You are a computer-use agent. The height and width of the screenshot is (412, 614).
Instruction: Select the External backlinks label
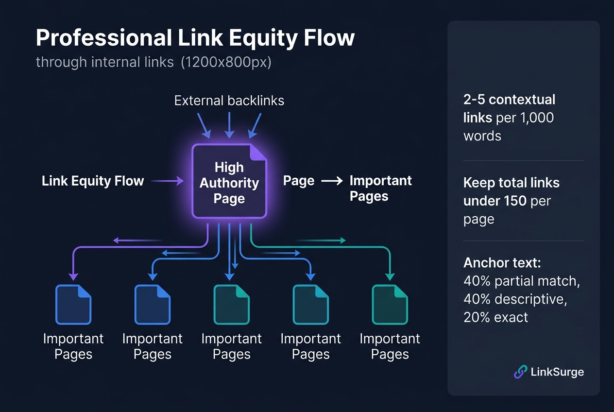[229, 101]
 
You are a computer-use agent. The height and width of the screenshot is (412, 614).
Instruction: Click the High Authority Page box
[229, 182]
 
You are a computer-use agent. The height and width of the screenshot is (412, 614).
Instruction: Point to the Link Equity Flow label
[93, 181]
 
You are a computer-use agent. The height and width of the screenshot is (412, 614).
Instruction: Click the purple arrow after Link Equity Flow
[167, 181]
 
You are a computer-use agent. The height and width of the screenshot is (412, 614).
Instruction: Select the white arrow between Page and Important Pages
[332, 181]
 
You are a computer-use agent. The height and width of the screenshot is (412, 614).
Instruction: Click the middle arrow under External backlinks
[229, 125]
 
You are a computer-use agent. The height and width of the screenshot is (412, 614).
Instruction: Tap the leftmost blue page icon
[73, 305]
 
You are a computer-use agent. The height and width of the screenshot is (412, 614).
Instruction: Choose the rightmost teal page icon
[390, 305]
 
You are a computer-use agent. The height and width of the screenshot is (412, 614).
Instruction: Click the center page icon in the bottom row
[231, 305]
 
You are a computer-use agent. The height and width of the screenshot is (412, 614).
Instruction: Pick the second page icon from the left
[152, 305]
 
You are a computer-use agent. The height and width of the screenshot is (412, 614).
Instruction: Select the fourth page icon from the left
[310, 305]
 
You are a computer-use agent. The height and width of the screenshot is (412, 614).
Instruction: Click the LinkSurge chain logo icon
[520, 372]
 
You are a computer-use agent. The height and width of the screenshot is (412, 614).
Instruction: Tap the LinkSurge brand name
[558, 372]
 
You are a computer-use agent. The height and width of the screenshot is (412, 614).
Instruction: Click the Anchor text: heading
[502, 263]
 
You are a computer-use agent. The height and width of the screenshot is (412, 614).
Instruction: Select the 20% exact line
[495, 317]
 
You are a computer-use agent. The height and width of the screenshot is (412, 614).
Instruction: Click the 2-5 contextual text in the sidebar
[509, 100]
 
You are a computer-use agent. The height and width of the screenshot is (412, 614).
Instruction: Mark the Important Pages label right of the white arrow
[380, 189]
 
